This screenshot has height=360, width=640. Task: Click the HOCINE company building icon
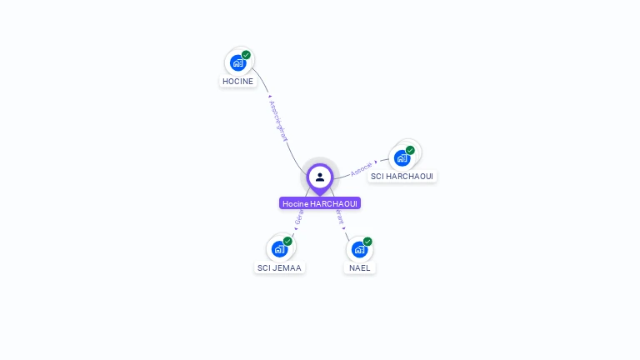click(x=238, y=62)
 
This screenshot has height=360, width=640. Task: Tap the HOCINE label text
click(x=237, y=82)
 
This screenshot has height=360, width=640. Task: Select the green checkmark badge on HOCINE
click(x=246, y=55)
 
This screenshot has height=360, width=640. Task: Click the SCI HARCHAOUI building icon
click(x=402, y=157)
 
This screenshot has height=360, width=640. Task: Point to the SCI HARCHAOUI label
click(x=402, y=177)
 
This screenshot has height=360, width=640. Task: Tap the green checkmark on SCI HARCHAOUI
click(x=410, y=150)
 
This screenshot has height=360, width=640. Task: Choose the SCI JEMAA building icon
click(x=279, y=248)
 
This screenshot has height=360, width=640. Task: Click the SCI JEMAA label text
click(x=279, y=267)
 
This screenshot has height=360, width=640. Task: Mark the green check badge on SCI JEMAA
click(x=287, y=241)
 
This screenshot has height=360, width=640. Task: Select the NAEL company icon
click(x=359, y=248)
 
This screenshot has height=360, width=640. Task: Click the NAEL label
click(x=359, y=267)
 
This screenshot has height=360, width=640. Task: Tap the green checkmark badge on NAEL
click(x=367, y=241)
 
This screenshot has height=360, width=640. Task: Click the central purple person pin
click(x=320, y=177)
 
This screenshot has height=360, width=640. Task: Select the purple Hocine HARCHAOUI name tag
click(x=320, y=203)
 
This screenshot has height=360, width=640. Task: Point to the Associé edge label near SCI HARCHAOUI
click(x=362, y=167)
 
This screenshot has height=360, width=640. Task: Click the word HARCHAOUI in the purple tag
click(x=333, y=203)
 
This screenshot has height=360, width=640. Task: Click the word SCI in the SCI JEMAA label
click(x=264, y=267)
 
